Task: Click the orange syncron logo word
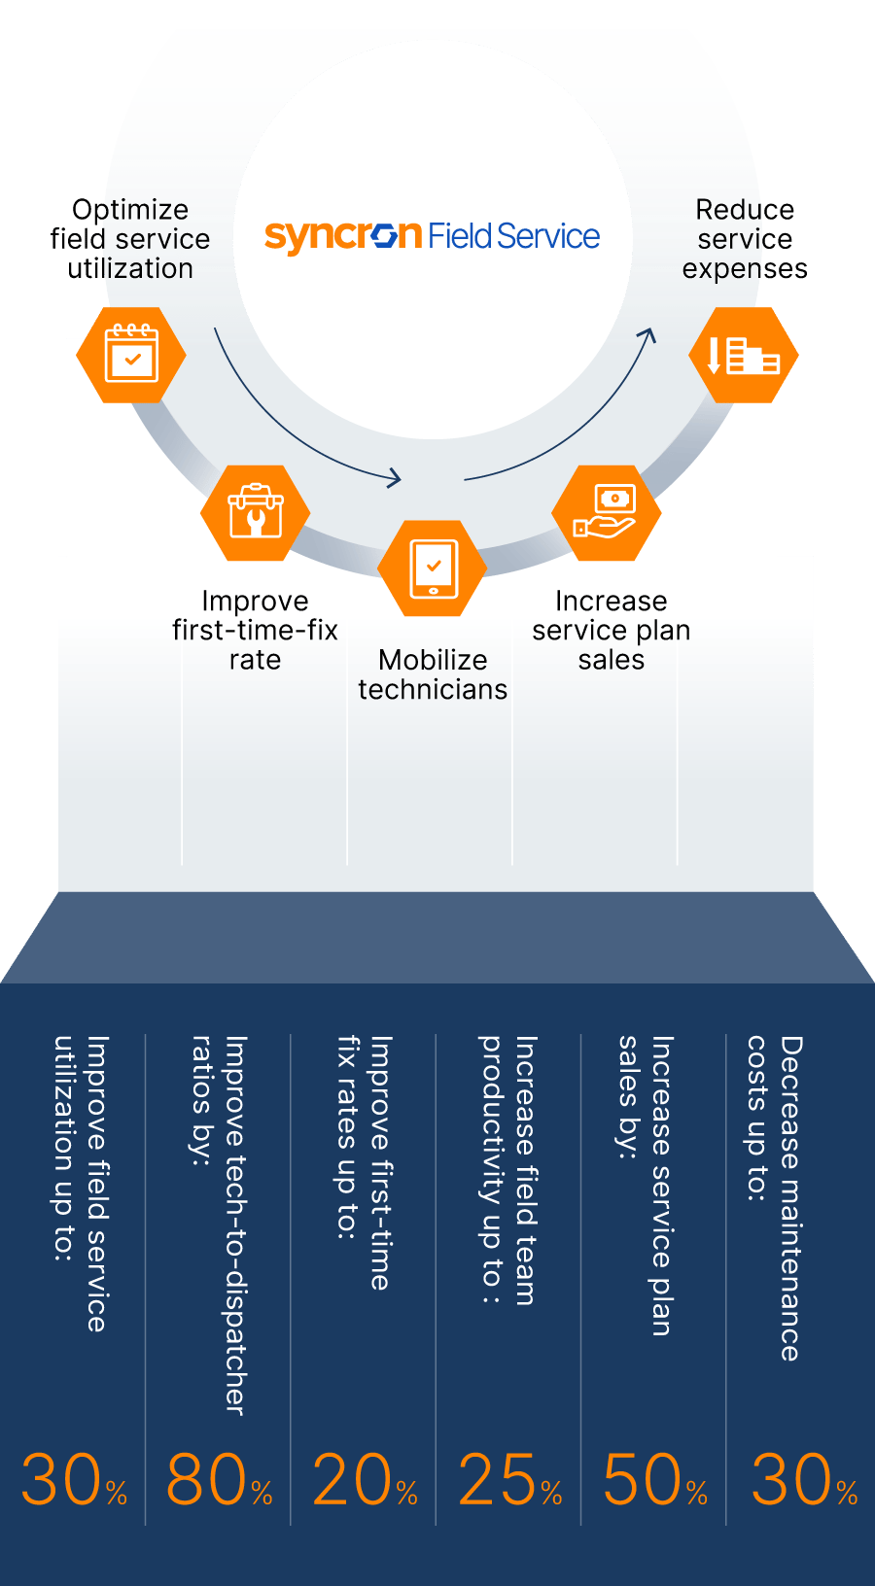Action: click(x=342, y=236)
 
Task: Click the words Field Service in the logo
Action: click(x=513, y=236)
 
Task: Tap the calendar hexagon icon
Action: click(x=131, y=355)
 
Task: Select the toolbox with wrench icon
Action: click(x=255, y=512)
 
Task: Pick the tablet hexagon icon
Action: click(x=433, y=568)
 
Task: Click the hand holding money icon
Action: click(x=606, y=512)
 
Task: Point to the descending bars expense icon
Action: click(x=744, y=355)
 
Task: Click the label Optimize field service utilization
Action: click(x=130, y=239)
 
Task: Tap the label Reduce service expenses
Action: click(x=745, y=239)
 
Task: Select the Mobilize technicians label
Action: click(x=433, y=674)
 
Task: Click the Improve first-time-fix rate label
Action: click(x=255, y=630)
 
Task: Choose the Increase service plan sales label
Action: click(x=611, y=630)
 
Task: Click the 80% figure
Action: click(x=218, y=1480)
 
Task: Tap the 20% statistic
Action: click(x=364, y=1480)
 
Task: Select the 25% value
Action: click(x=509, y=1480)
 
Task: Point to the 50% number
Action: click(x=654, y=1480)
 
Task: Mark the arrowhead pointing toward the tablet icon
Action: click(x=395, y=477)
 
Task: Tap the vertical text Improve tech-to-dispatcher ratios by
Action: click(x=219, y=1224)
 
